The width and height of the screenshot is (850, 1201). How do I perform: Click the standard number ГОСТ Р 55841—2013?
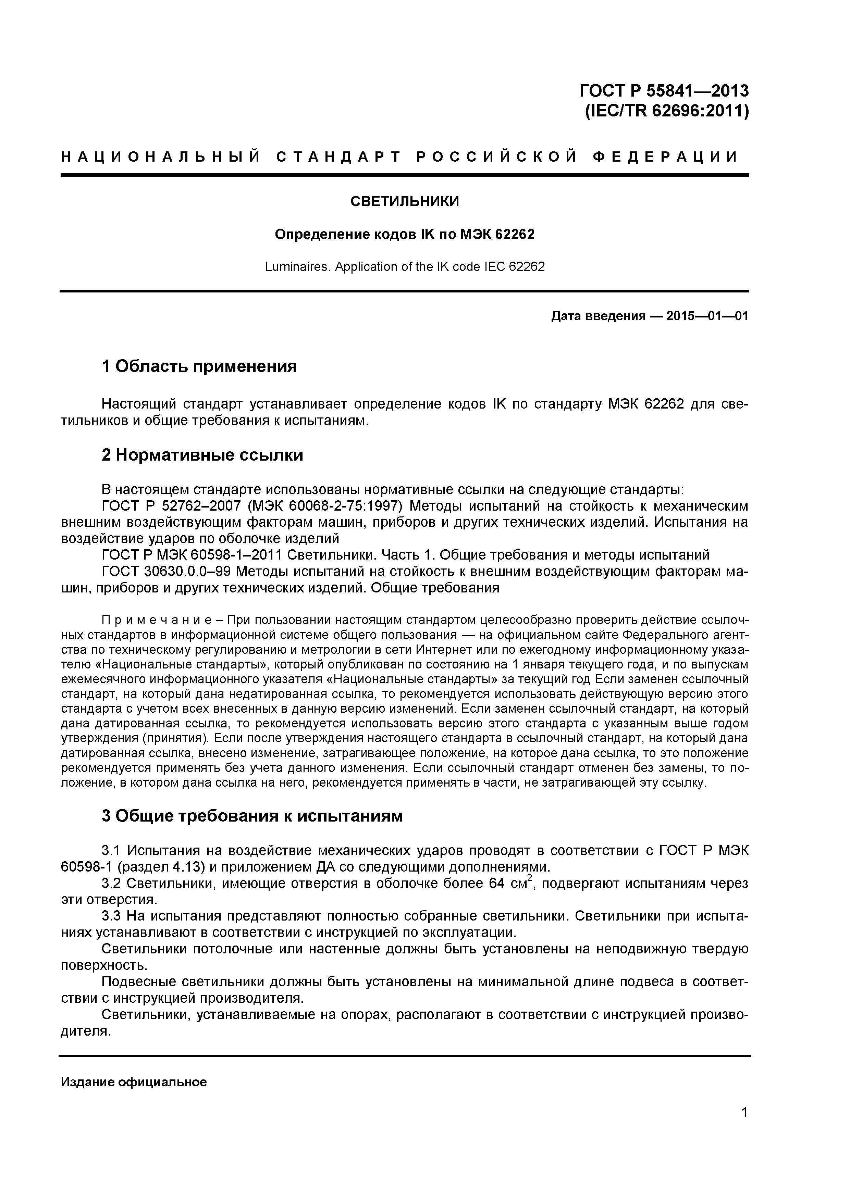[x=664, y=91]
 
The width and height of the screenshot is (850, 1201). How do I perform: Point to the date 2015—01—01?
[x=707, y=316]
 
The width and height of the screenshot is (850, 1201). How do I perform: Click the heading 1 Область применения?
[x=199, y=366]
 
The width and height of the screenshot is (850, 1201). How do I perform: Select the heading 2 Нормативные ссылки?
[x=202, y=455]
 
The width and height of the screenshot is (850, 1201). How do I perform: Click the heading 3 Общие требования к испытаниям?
[x=252, y=815]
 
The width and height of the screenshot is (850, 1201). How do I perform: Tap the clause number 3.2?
[x=111, y=884]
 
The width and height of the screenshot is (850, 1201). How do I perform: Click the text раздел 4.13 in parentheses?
[x=160, y=867]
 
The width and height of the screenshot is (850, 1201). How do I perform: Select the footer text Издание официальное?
[x=134, y=1082]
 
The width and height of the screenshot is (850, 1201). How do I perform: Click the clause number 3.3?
[x=111, y=916]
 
